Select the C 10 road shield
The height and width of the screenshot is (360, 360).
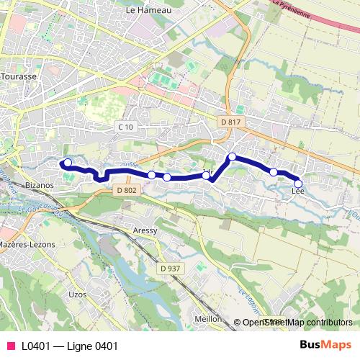click(125, 127)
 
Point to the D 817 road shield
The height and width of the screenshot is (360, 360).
click(231, 122)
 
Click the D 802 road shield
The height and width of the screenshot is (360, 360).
click(125, 190)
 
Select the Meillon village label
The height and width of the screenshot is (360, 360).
click(207, 318)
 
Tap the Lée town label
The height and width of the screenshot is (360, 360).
click(299, 191)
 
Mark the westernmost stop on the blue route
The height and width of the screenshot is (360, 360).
click(67, 163)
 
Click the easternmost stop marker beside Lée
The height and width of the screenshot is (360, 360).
click(298, 184)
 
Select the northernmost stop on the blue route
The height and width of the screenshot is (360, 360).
click(232, 156)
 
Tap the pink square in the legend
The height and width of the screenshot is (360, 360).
click(10, 346)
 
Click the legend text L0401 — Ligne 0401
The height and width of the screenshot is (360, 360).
click(69, 346)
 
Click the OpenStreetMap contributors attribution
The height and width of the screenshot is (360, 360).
click(297, 323)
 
